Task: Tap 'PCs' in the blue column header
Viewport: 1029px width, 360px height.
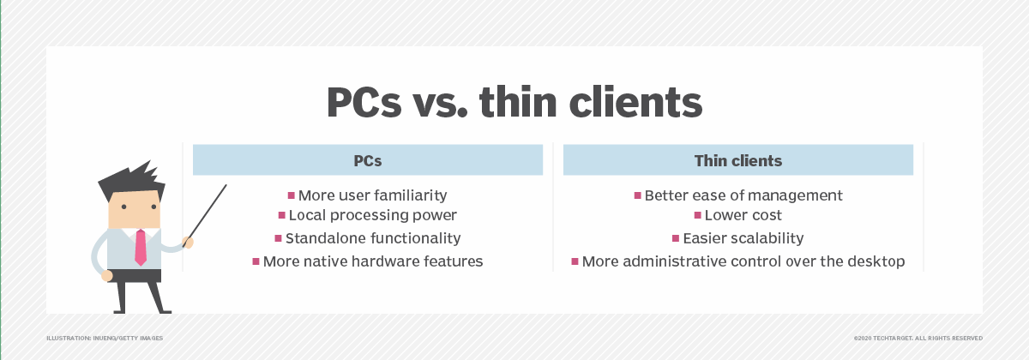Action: click(368, 160)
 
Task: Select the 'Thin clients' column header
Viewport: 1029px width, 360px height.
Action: click(737, 160)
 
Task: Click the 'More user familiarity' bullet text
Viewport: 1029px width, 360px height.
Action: click(372, 195)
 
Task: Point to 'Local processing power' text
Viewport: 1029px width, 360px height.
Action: click(373, 216)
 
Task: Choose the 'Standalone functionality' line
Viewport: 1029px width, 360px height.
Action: click(373, 238)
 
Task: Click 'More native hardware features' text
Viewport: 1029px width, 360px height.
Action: click(373, 261)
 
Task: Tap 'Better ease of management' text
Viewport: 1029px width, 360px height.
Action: click(743, 195)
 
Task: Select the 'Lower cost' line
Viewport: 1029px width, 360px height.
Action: click(743, 216)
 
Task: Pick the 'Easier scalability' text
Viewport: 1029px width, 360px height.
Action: click(743, 238)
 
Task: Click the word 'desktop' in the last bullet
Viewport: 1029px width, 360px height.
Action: click(876, 261)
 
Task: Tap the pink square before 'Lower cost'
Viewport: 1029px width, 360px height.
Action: click(698, 215)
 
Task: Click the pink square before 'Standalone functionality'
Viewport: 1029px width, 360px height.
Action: click(279, 238)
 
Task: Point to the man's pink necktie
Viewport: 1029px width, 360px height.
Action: click(141, 247)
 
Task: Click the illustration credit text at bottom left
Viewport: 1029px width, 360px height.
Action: click(105, 339)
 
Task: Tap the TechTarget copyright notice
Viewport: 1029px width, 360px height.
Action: click(918, 339)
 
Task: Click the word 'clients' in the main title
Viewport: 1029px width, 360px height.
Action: click(639, 104)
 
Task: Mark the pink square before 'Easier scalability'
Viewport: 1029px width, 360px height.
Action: click(676, 238)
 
